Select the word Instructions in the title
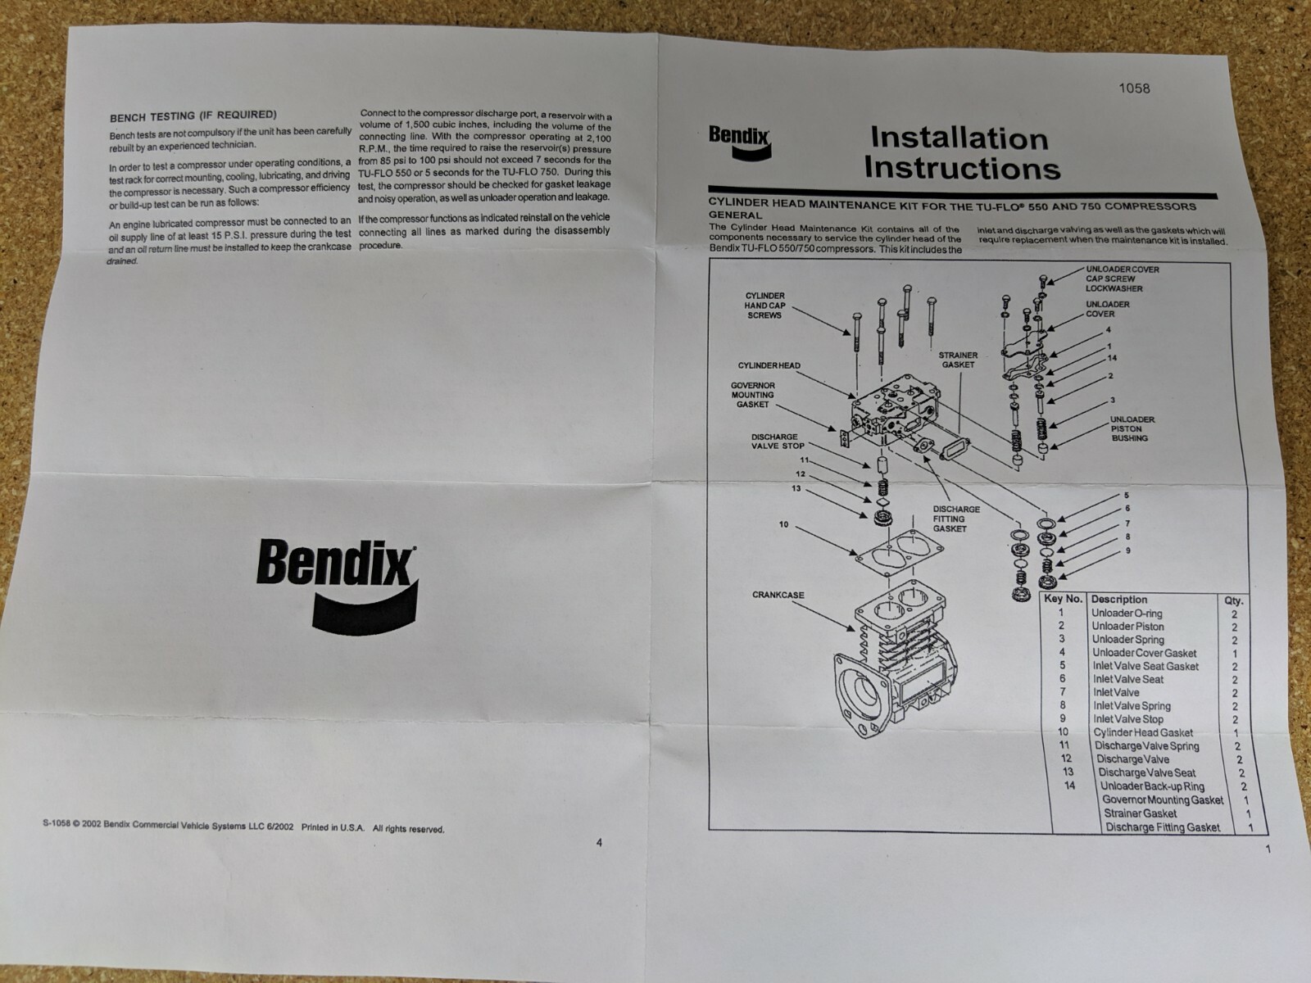pos(962,168)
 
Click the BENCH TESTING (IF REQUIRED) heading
pos(193,116)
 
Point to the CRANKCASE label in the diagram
pos(778,595)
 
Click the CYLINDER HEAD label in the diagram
pos(769,365)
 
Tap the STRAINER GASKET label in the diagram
pos(957,360)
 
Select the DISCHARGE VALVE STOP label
pos(778,442)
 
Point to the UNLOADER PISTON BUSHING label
pos(1132,428)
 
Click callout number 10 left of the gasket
pos(783,524)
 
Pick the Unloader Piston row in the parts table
pos(1127,627)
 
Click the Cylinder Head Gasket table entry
pos(1142,732)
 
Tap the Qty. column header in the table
pos(1233,600)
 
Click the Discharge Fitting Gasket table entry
pos(1162,827)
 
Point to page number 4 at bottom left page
pos(599,842)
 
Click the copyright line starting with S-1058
pos(243,827)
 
